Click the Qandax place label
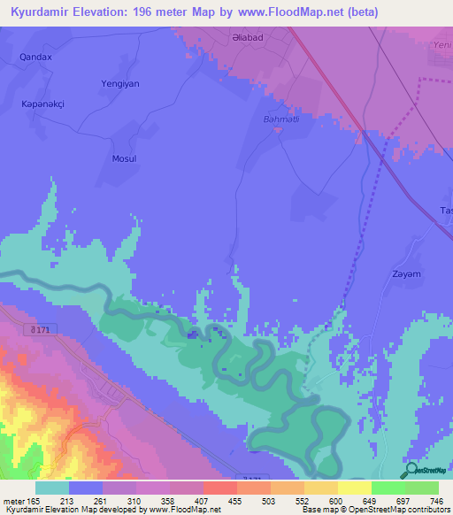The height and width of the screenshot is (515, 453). click(36, 57)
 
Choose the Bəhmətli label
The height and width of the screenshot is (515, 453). click(280, 119)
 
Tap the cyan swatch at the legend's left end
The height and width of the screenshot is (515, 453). click(52, 487)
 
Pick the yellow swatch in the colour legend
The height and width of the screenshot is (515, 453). click(355, 487)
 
